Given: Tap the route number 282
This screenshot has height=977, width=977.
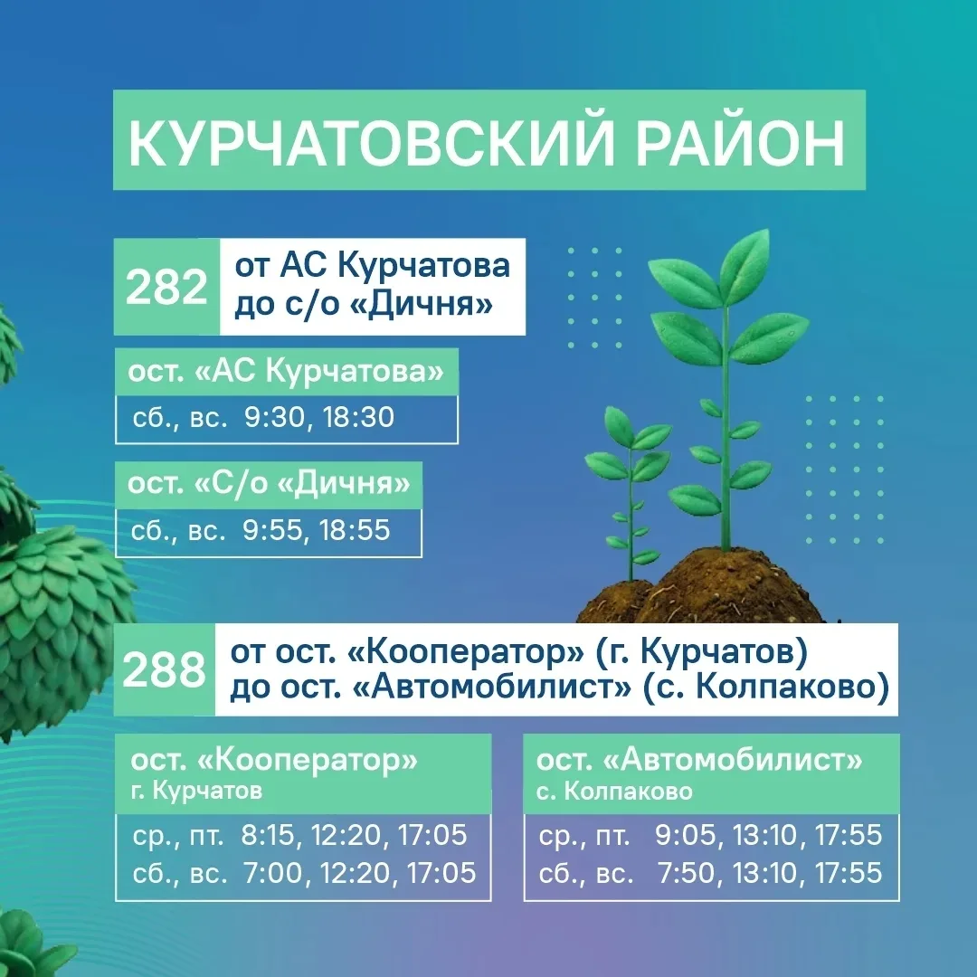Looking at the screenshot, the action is pos(166,288).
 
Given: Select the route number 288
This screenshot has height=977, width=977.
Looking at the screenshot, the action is pos(164,670).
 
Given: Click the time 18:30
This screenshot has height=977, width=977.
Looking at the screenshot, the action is pos(359,417).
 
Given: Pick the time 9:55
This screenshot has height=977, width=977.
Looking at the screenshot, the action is pos(272,530).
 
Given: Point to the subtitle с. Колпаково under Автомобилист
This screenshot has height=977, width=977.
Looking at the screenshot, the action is pos(614,792).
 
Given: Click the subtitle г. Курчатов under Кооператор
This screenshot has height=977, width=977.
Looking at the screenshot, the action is pos(196,791).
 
